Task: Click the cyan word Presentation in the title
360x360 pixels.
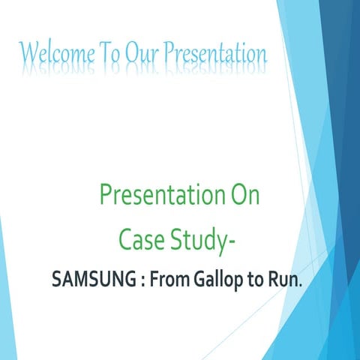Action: tap(215, 53)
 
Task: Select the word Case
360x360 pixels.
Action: tap(142, 240)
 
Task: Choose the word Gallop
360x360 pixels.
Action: tap(220, 281)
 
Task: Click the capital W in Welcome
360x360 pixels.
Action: tap(28, 53)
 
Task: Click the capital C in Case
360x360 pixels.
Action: tap(126, 240)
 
